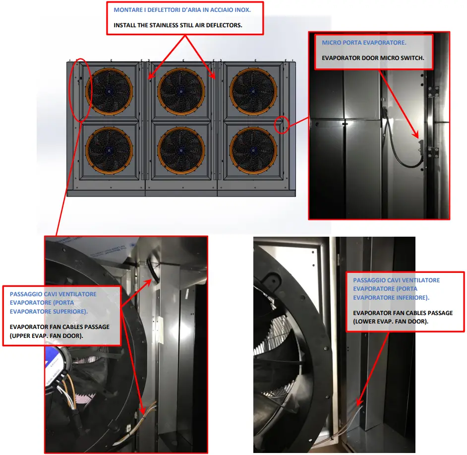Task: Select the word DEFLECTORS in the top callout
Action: [x=225, y=25]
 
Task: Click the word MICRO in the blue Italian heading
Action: [x=331, y=43]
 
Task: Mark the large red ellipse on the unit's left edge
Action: [x=79, y=90]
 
